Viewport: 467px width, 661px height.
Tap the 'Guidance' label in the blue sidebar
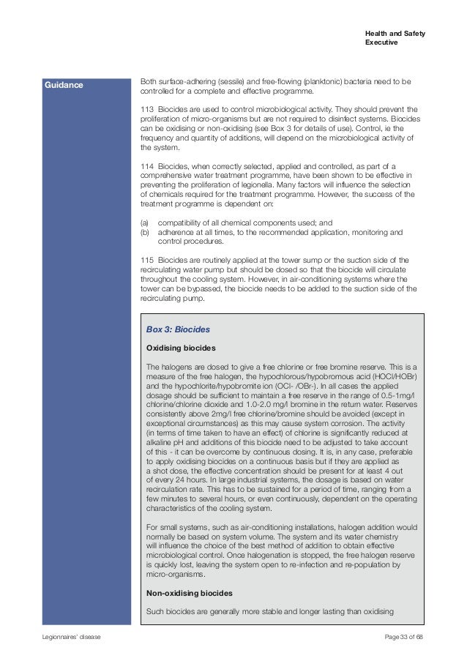(63, 85)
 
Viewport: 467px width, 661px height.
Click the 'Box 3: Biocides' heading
(179, 329)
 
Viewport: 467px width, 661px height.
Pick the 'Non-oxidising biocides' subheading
(187, 592)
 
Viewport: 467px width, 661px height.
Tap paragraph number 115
(146, 260)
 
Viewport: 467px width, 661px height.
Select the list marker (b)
(144, 232)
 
